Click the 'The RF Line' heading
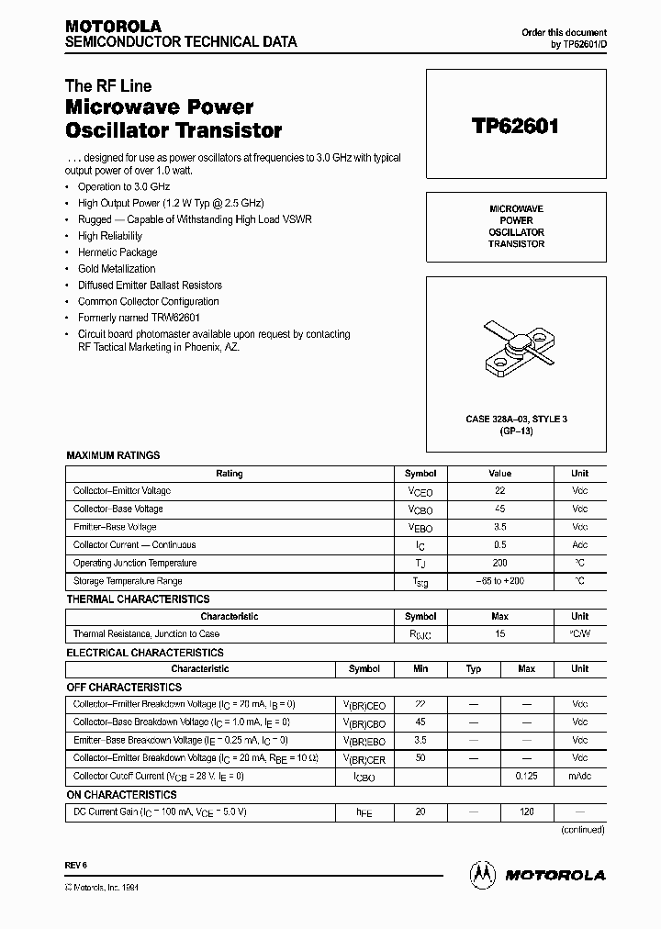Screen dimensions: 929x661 tap(107, 86)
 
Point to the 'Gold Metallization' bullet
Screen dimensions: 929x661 tap(117, 268)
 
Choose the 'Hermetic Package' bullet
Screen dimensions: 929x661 tap(118, 252)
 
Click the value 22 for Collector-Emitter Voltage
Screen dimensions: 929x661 tap(499, 491)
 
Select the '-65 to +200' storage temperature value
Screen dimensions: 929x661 tap(499, 581)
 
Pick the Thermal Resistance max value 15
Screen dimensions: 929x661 tap(499, 634)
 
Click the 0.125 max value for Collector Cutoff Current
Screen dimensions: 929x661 tap(526, 777)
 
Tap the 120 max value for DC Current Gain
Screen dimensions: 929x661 tap(526, 812)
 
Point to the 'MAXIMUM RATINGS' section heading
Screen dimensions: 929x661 tap(113, 455)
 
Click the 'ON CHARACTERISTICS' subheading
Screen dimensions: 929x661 tap(121, 795)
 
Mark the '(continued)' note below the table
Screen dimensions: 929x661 tap(582, 830)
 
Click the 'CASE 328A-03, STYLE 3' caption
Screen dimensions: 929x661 tap(516, 420)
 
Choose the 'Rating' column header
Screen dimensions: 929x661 tap(230, 474)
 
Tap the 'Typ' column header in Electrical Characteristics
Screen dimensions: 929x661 tap(474, 669)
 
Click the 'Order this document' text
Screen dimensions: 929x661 tap(564, 32)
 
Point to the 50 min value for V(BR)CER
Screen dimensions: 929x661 tap(420, 758)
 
